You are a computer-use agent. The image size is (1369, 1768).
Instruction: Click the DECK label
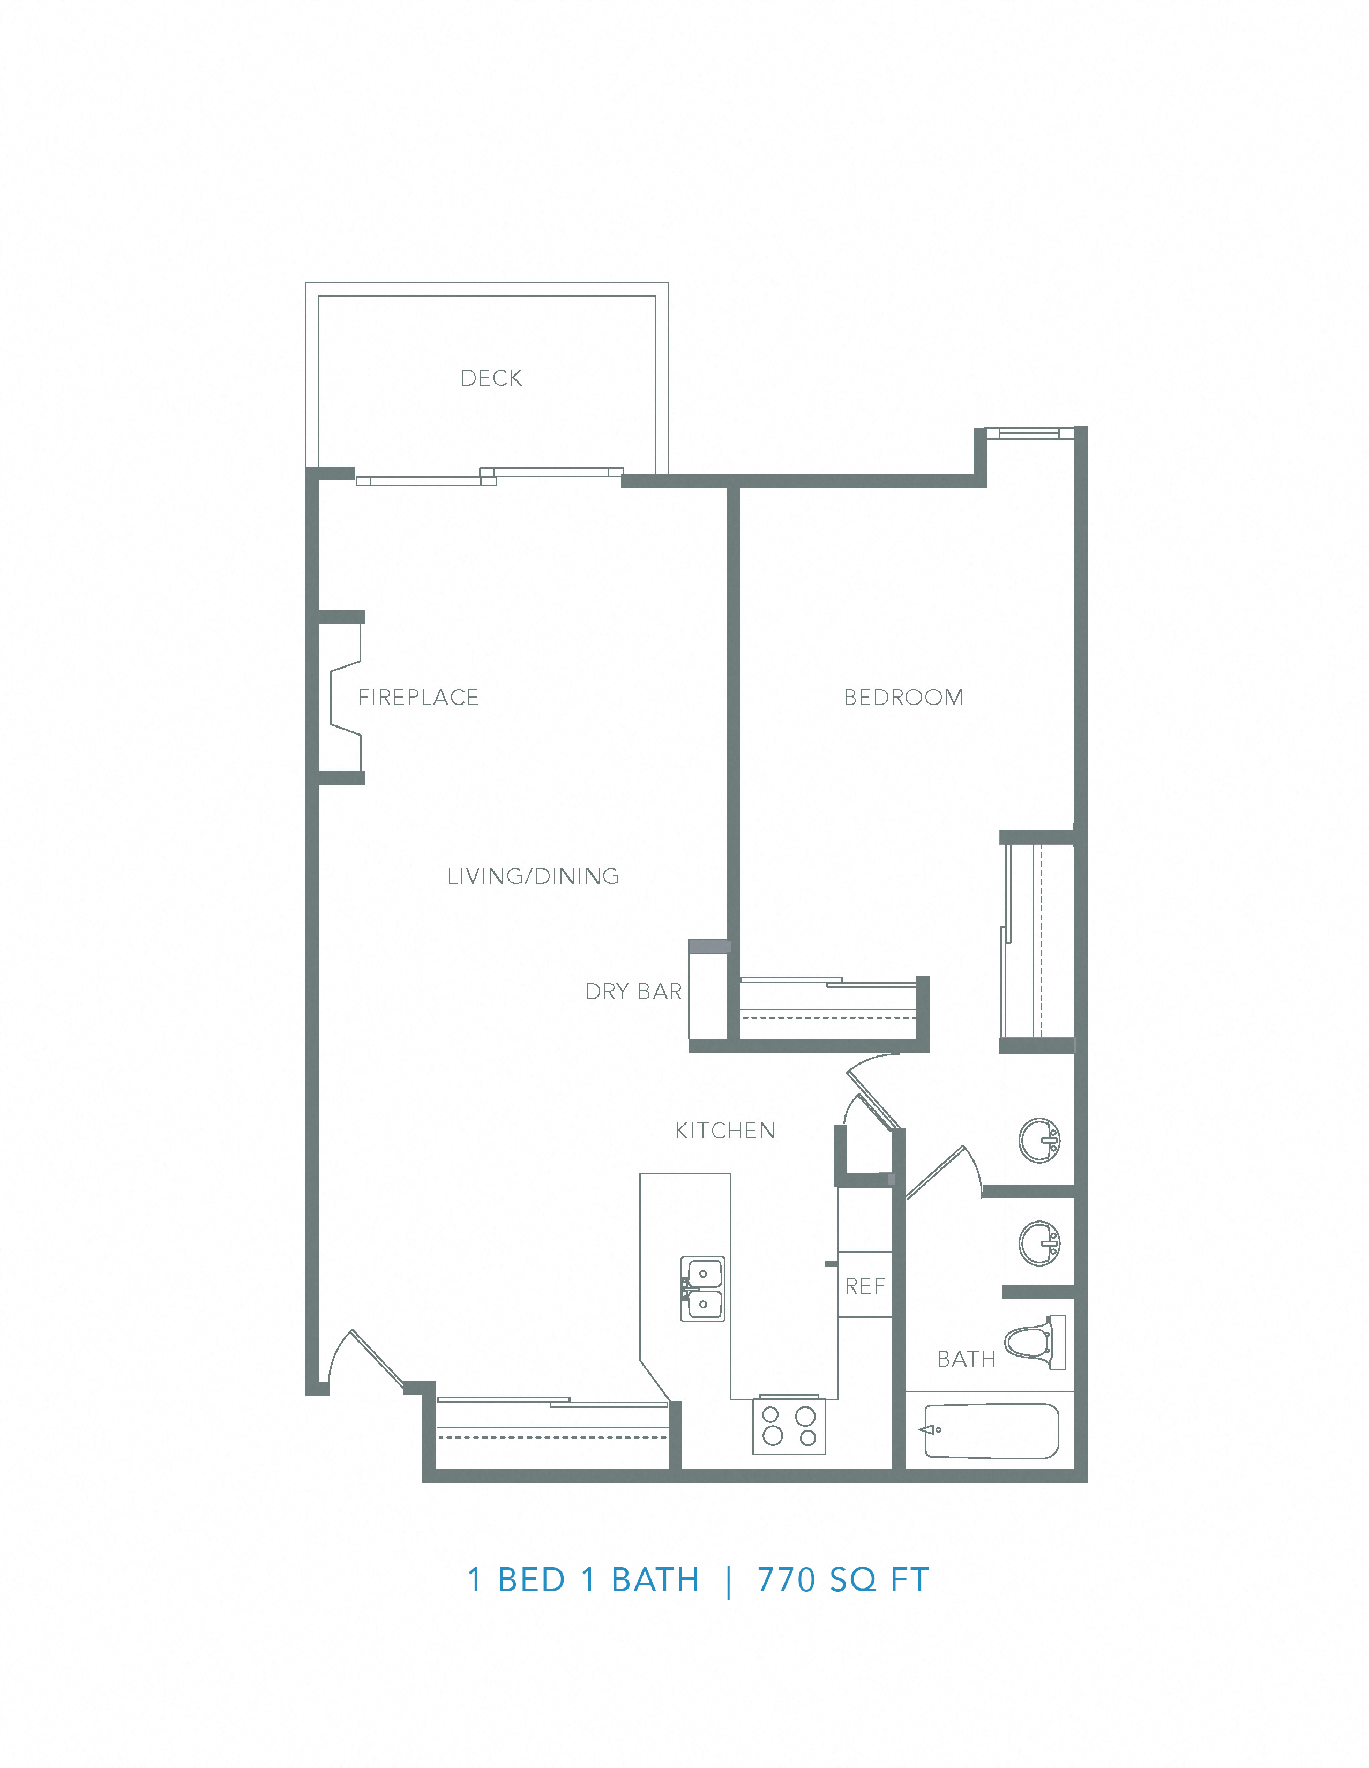491,378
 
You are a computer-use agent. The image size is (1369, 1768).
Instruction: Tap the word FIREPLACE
418,697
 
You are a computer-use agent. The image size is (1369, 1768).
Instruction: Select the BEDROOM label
903,697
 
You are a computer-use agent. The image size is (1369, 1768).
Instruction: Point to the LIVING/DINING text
533,876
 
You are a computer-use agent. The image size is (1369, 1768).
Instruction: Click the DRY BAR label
633,992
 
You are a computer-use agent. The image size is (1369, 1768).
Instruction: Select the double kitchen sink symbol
702,1288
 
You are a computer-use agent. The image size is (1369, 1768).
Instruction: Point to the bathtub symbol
990,1430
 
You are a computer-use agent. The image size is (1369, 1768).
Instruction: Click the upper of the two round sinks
1039,1140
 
